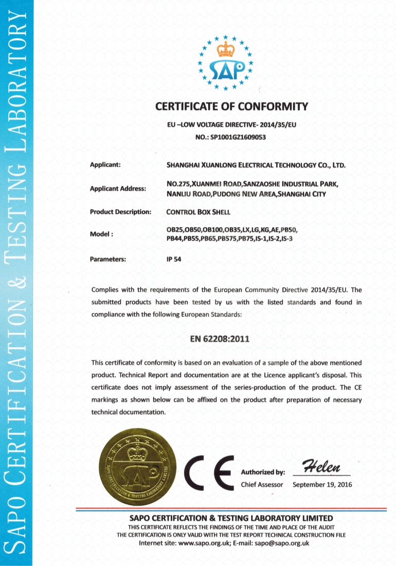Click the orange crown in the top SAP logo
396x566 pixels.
[225, 50]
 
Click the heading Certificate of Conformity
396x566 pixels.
[231, 107]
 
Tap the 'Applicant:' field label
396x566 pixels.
[105, 165]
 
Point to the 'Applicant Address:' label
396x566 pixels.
[118, 188]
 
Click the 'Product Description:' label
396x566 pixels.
[120, 212]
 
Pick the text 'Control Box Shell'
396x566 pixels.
[199, 212]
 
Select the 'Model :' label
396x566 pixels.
[101, 234]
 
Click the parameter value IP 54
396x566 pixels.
[173, 260]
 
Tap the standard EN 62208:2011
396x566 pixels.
[220, 339]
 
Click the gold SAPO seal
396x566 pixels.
[138, 469]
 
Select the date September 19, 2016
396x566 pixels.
[322, 485]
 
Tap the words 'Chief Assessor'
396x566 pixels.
[262, 485]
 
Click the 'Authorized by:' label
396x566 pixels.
[263, 472]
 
